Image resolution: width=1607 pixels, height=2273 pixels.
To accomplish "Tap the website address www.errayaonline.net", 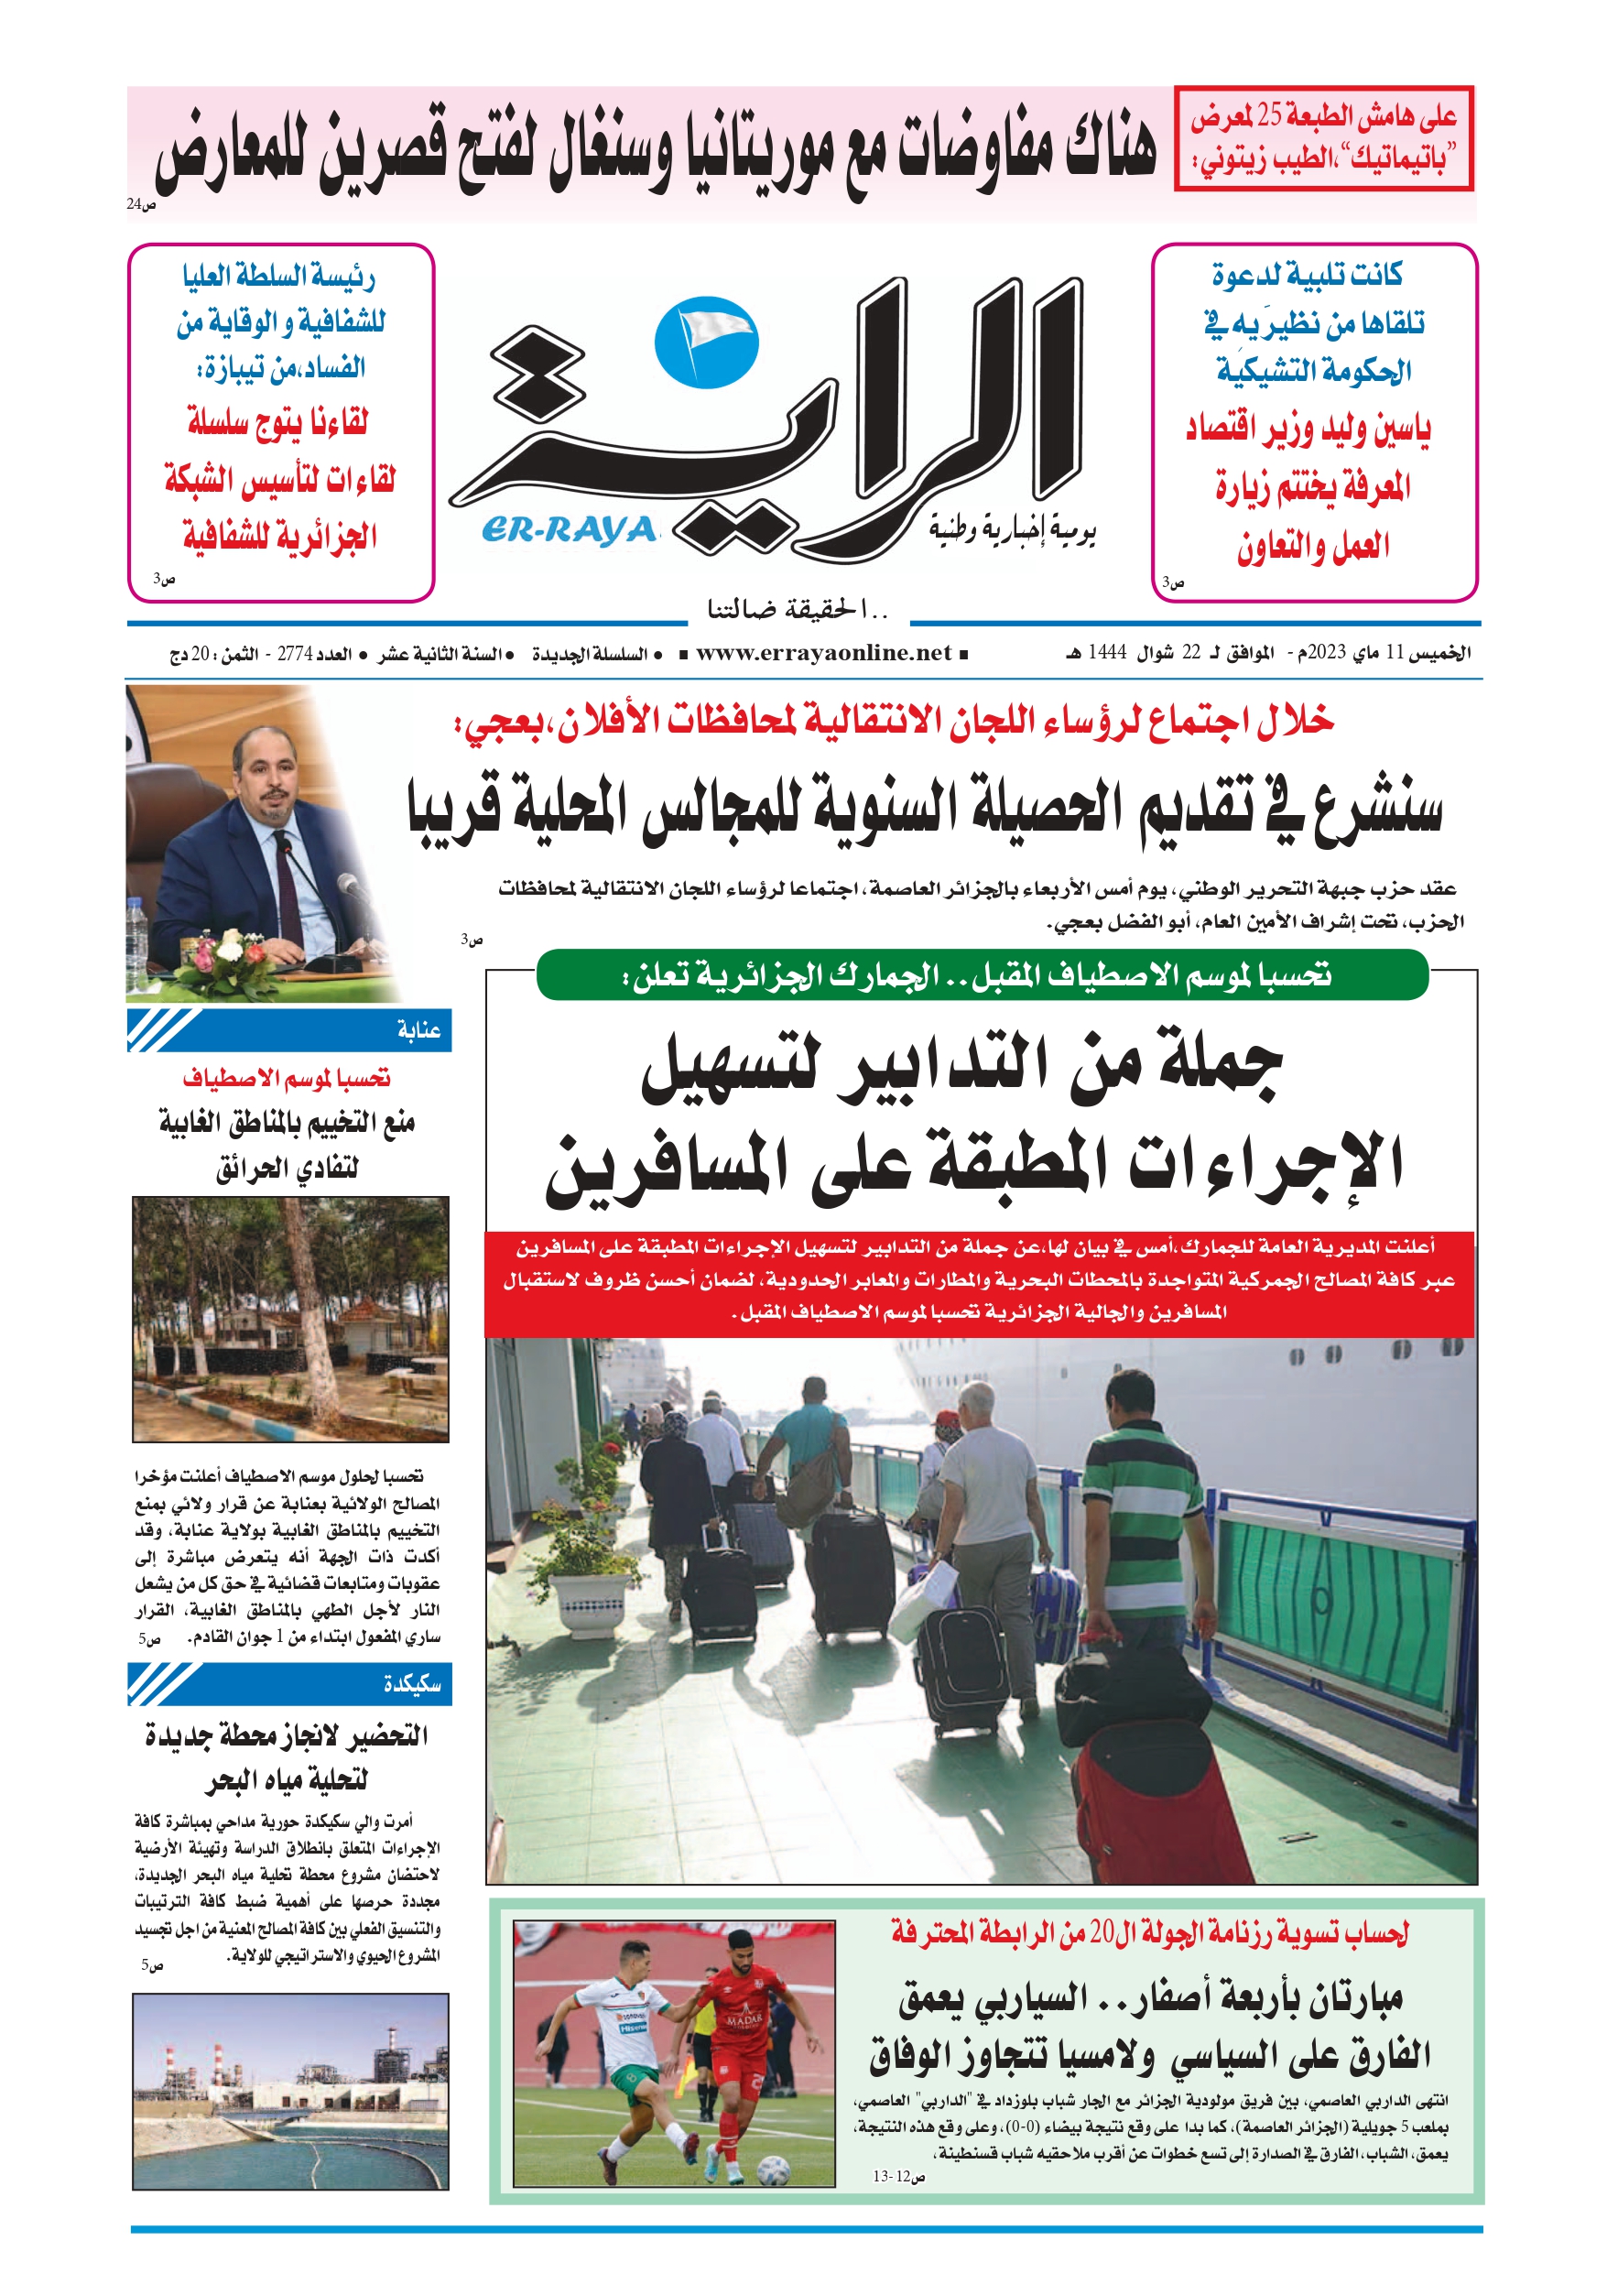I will (824, 653).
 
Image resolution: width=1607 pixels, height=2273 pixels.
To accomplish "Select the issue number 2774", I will (295, 655).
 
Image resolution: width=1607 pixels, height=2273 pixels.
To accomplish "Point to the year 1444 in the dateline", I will (1107, 653).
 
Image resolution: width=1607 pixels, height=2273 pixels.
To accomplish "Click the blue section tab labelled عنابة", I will (290, 1030).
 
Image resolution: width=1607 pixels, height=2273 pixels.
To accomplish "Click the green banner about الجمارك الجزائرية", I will (982, 976).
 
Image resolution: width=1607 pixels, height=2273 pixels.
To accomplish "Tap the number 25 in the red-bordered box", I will (1270, 117).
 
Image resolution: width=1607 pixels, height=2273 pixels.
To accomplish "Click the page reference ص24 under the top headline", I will (141, 205).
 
